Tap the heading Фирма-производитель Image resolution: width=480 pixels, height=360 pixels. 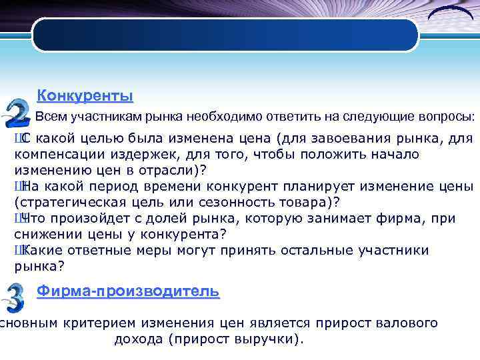[127, 291]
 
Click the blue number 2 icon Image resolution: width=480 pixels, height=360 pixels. [16, 113]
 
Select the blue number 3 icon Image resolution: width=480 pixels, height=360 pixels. [14, 298]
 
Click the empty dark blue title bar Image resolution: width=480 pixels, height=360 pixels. [225, 35]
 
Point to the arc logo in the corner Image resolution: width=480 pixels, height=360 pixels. [449, 13]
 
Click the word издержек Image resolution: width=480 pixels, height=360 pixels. [135, 155]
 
